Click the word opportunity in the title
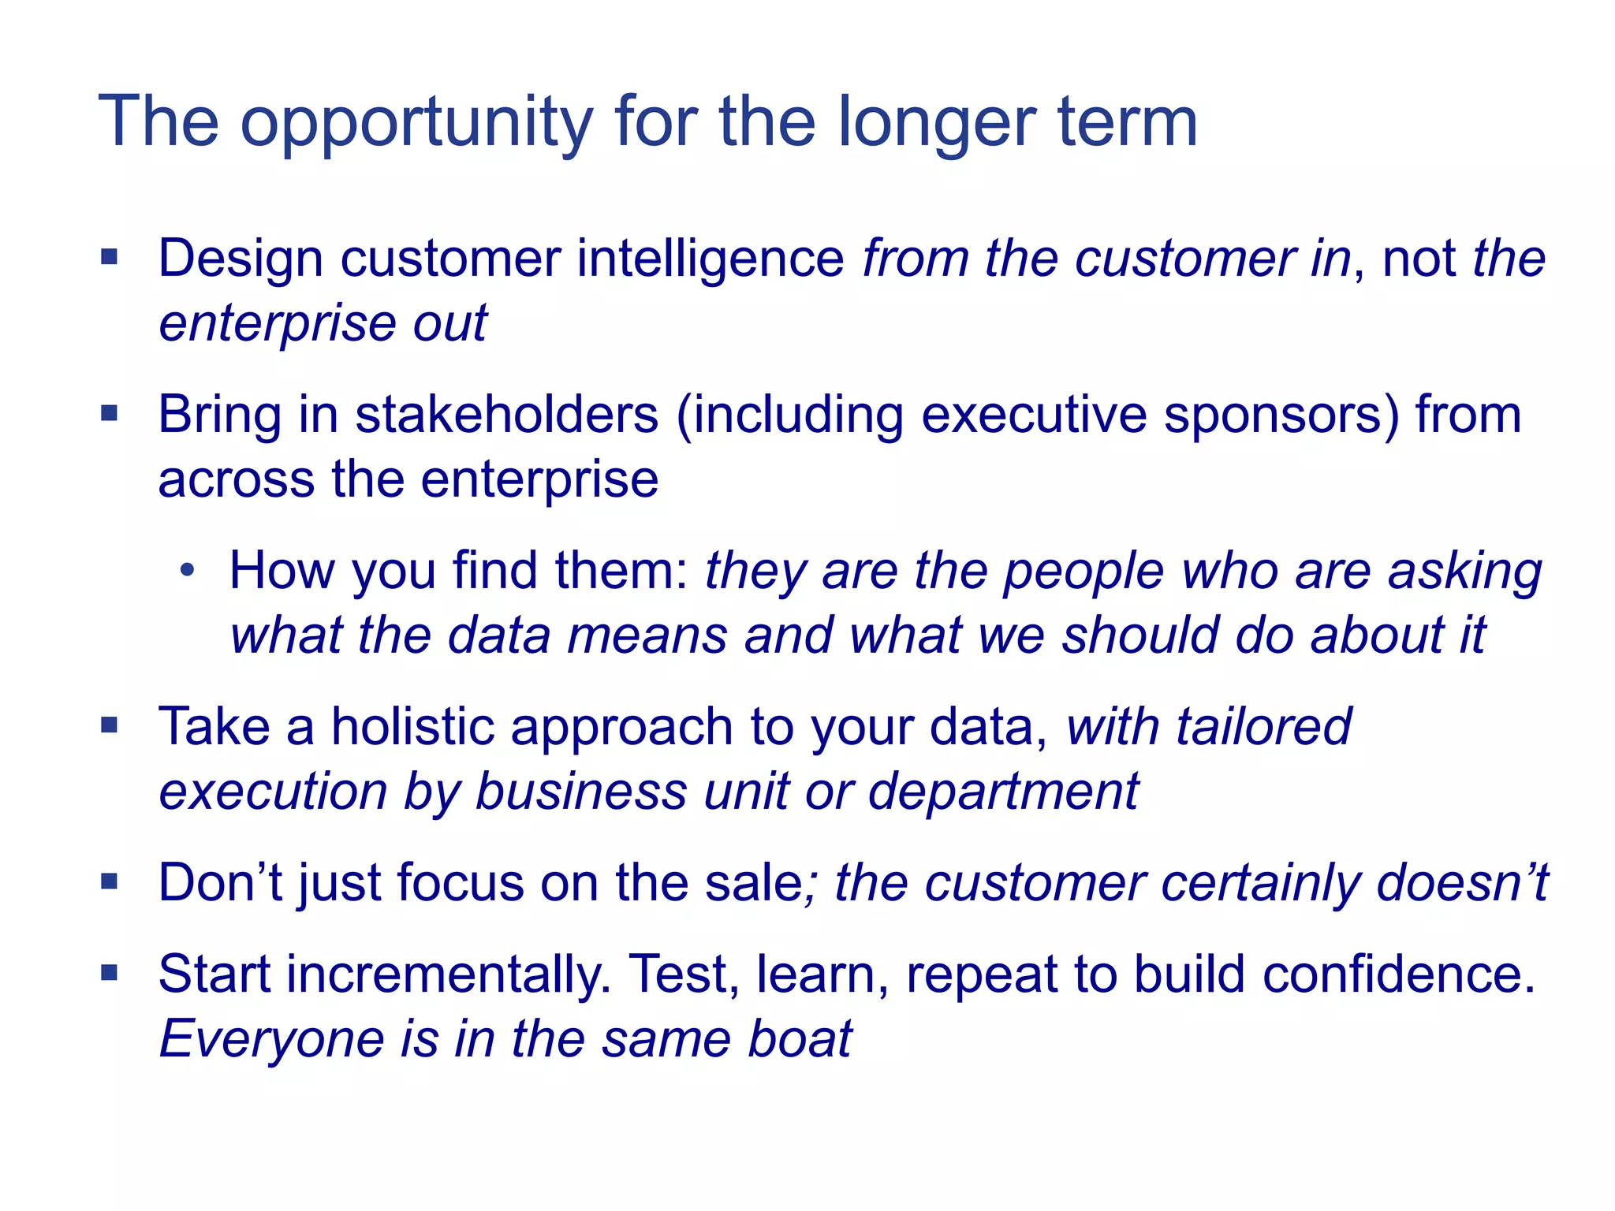416,123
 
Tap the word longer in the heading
934,123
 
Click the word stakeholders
506,415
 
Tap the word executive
1034,415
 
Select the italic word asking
1464,572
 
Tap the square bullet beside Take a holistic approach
110,725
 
